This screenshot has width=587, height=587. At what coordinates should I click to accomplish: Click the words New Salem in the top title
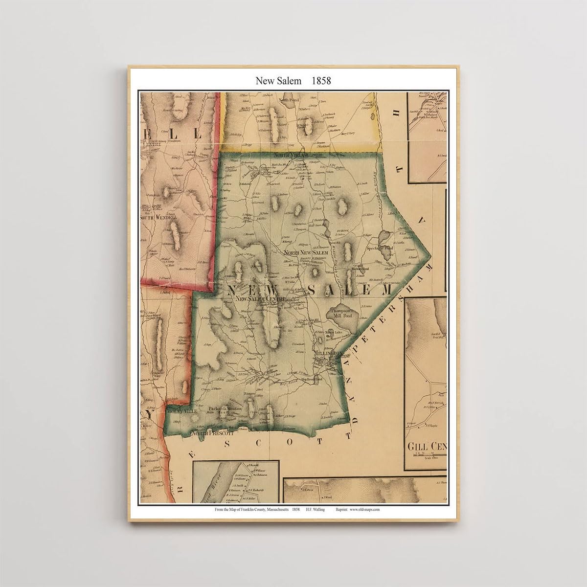click(274, 81)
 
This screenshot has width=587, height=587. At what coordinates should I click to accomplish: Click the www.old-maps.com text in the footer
click(365, 509)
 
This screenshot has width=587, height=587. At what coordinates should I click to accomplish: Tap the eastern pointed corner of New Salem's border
click(430, 255)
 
